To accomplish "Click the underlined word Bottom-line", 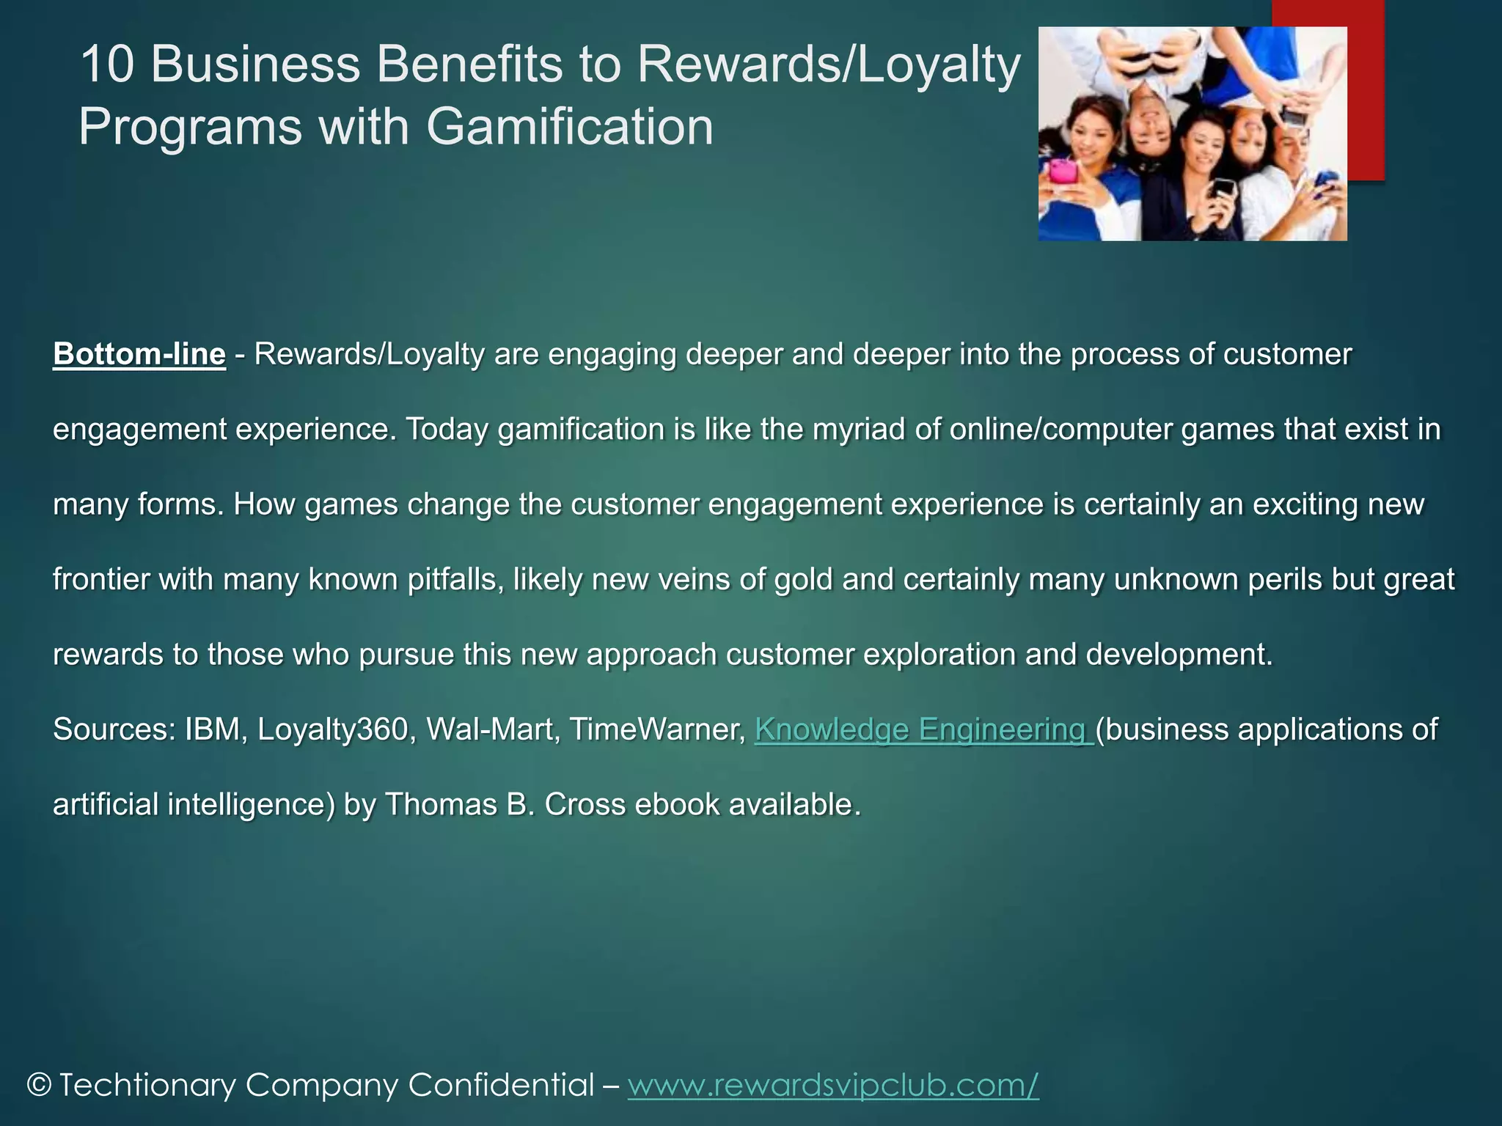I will [139, 355].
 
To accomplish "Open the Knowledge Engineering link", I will [923, 730].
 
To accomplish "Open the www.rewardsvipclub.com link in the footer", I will [833, 1085].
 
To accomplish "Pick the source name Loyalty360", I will [333, 730].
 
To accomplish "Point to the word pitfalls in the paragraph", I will [455, 580].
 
